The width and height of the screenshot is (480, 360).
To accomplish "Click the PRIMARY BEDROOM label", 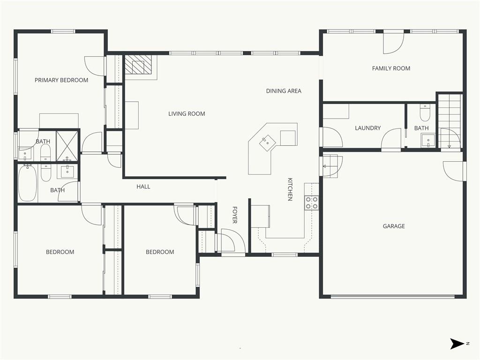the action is pyautogui.click(x=61, y=80).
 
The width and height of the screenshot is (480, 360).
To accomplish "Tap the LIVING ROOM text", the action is pyautogui.click(x=187, y=114).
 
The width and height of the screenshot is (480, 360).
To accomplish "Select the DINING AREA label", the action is pyautogui.click(x=284, y=91).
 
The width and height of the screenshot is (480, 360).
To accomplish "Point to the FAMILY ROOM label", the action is pyautogui.click(x=391, y=68).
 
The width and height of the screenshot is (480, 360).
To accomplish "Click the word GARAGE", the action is pyautogui.click(x=394, y=226).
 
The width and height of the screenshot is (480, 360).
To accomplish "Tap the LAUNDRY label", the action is pyautogui.click(x=367, y=128).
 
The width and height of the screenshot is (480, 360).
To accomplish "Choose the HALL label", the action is pyautogui.click(x=143, y=187).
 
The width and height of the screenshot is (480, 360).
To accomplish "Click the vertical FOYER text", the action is pyautogui.click(x=235, y=215).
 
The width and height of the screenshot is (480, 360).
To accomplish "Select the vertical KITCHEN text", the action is pyautogui.click(x=290, y=189).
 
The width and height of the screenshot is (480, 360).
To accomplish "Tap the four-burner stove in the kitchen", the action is pyautogui.click(x=311, y=203).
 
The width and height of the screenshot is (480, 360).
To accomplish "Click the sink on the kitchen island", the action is pyautogui.click(x=266, y=142).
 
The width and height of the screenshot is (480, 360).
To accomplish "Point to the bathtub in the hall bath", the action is pyautogui.click(x=28, y=183).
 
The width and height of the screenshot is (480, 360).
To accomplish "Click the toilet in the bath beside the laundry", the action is pyautogui.click(x=425, y=113).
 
